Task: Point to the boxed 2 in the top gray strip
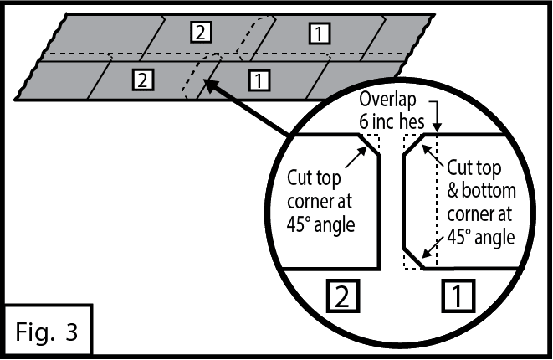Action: click(x=201, y=33)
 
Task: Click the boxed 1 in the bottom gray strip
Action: click(x=259, y=80)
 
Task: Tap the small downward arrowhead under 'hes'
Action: click(x=435, y=128)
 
